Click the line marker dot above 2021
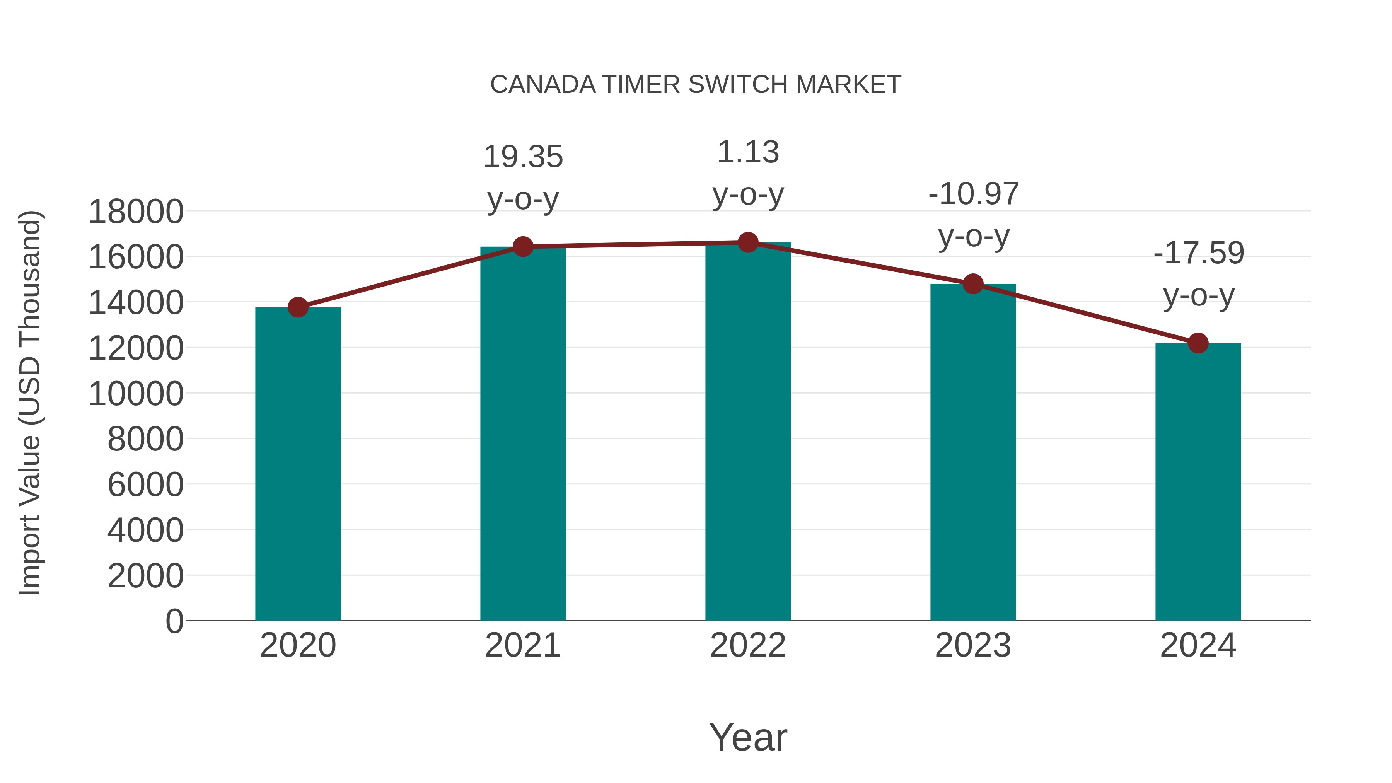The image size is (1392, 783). (522, 247)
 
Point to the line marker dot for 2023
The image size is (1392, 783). (973, 284)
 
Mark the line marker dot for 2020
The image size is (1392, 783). (298, 307)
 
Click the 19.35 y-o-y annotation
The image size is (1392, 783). (522, 178)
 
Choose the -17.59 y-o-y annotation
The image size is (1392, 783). (1198, 274)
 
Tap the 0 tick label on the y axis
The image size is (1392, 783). (174, 621)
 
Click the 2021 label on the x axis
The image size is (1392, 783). (522, 645)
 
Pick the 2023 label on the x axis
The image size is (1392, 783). (973, 645)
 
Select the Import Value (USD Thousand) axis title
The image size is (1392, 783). (30, 403)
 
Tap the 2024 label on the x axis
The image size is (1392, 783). (1198, 645)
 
